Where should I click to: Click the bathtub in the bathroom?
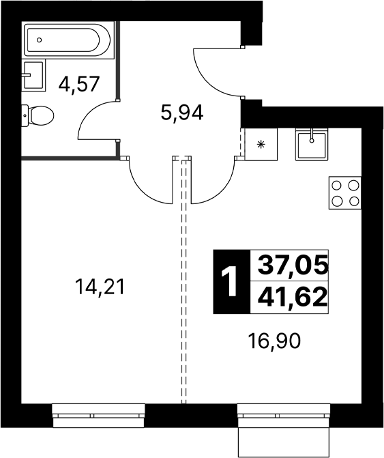[67, 40]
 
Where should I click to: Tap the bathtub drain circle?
[40, 40]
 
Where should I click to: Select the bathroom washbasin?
[34, 75]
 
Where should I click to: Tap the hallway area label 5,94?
[182, 113]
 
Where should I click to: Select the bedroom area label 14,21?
[100, 287]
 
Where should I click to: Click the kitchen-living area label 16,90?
[274, 341]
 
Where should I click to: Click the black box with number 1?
[232, 282]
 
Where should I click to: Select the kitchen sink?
[312, 144]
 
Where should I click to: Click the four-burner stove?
[345, 192]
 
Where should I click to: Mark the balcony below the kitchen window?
[284, 442]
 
